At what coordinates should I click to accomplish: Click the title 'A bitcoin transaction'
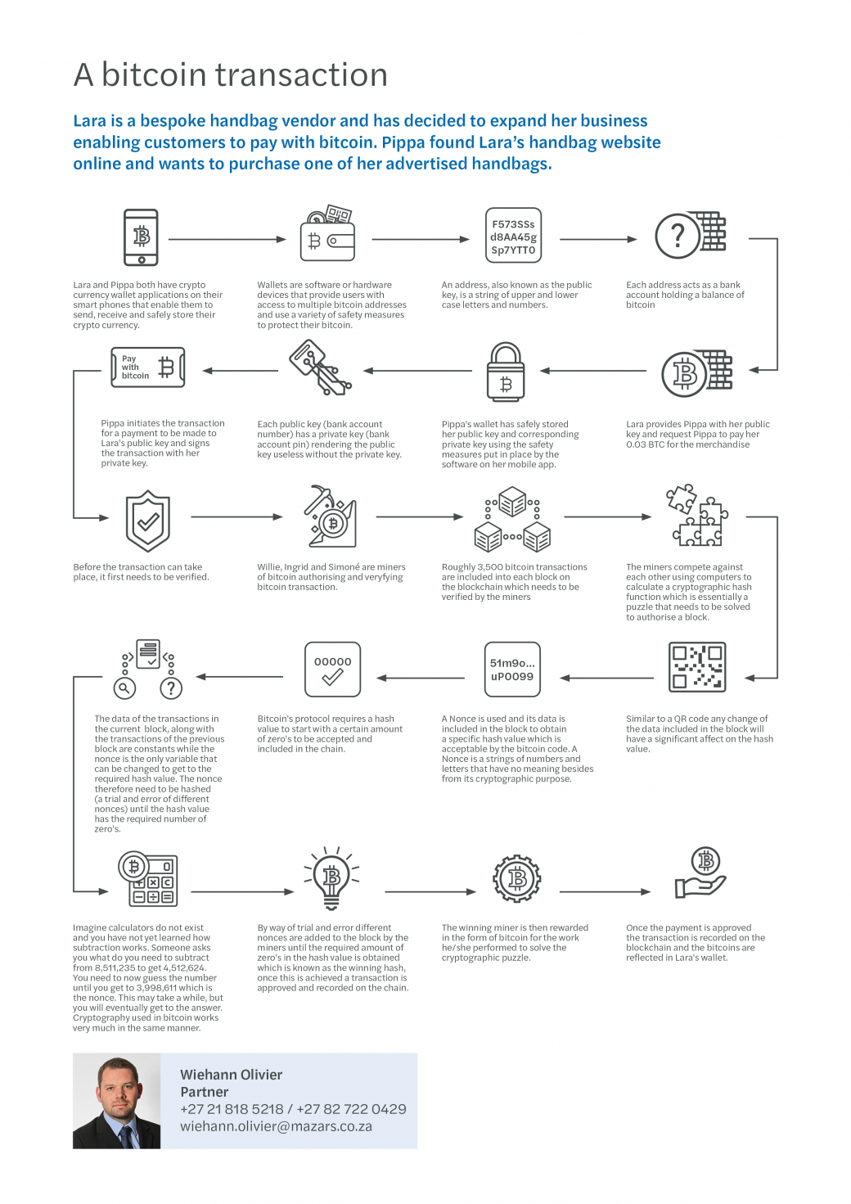(x=230, y=74)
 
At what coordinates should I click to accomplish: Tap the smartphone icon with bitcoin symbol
(x=141, y=237)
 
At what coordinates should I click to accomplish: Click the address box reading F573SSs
(x=513, y=237)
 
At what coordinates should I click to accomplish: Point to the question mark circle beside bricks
(x=678, y=236)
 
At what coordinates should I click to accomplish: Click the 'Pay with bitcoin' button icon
(x=147, y=368)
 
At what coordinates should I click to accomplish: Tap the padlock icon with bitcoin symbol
(x=506, y=373)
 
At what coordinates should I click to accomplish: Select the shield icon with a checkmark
(x=148, y=521)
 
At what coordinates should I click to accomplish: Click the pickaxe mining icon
(x=330, y=516)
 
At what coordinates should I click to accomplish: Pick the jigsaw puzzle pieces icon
(x=696, y=515)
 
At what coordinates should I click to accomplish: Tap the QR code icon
(x=696, y=666)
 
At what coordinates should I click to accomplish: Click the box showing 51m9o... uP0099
(x=512, y=670)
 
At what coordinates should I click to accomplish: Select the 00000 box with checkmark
(x=332, y=669)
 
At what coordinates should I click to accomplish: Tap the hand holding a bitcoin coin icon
(x=700, y=873)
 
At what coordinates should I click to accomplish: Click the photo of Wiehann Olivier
(x=117, y=1101)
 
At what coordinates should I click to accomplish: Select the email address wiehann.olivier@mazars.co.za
(x=276, y=1126)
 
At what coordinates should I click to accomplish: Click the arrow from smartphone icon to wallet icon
(x=227, y=240)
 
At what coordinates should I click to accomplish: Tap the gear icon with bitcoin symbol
(x=517, y=879)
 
